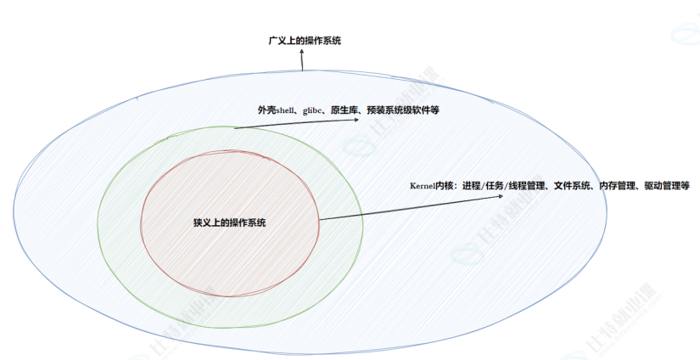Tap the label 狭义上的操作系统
coord(230,222)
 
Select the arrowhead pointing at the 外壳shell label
coord(356,120)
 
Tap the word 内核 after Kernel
coord(445,185)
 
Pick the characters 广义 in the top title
coord(277,41)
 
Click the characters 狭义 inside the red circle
coord(204,222)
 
